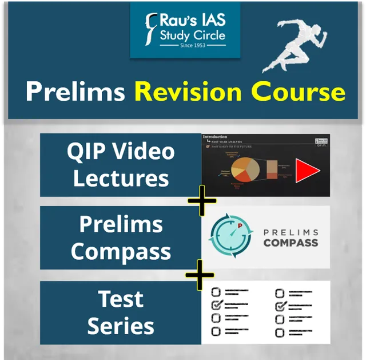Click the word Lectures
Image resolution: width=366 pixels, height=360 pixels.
121,179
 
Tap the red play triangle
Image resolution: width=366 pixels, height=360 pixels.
307,171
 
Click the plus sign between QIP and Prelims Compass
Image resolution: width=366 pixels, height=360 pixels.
201,201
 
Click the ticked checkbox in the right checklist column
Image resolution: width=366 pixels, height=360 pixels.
280,306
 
